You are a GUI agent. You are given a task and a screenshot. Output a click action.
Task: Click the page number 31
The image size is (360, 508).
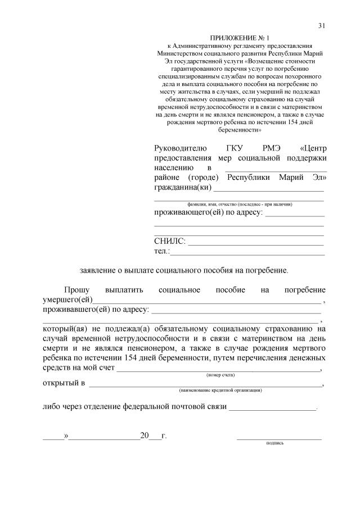tap(322, 25)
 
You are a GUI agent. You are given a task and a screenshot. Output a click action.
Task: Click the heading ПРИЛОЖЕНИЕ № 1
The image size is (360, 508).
tap(240, 37)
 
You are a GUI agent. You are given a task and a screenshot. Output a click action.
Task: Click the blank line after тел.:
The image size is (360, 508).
tap(247, 253)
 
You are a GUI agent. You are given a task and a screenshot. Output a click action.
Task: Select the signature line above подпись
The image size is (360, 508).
tap(279, 437)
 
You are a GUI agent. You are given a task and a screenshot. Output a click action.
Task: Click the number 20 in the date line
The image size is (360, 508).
tap(145, 436)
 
